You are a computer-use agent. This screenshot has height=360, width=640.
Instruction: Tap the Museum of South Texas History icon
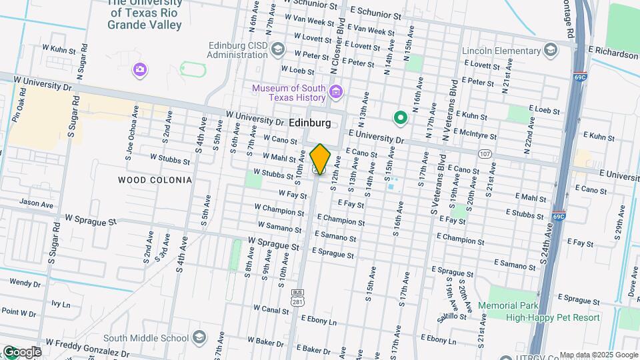pos(336,89)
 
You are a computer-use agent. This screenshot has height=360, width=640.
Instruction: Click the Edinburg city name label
pos(311,123)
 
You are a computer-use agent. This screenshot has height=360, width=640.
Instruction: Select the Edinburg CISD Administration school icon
pos(278,49)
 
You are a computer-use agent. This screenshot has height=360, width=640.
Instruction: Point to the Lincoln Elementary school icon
pos(550,49)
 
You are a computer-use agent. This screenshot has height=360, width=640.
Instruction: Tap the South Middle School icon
pos(199,337)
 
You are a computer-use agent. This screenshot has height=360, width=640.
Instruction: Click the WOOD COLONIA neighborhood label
pos(155,180)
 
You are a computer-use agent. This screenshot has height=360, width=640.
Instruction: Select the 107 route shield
pos(485,154)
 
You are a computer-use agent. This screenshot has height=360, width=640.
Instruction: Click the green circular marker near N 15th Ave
pos(400,119)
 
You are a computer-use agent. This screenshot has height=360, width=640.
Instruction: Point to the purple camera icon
pos(139,69)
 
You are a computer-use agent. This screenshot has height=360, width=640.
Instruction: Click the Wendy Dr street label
pos(25,283)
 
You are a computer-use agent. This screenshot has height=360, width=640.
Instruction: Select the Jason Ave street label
pos(36,203)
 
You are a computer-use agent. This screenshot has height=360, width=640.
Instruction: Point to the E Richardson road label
pos(613,54)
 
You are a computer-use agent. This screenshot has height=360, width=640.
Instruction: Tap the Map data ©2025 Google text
pos(599,355)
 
